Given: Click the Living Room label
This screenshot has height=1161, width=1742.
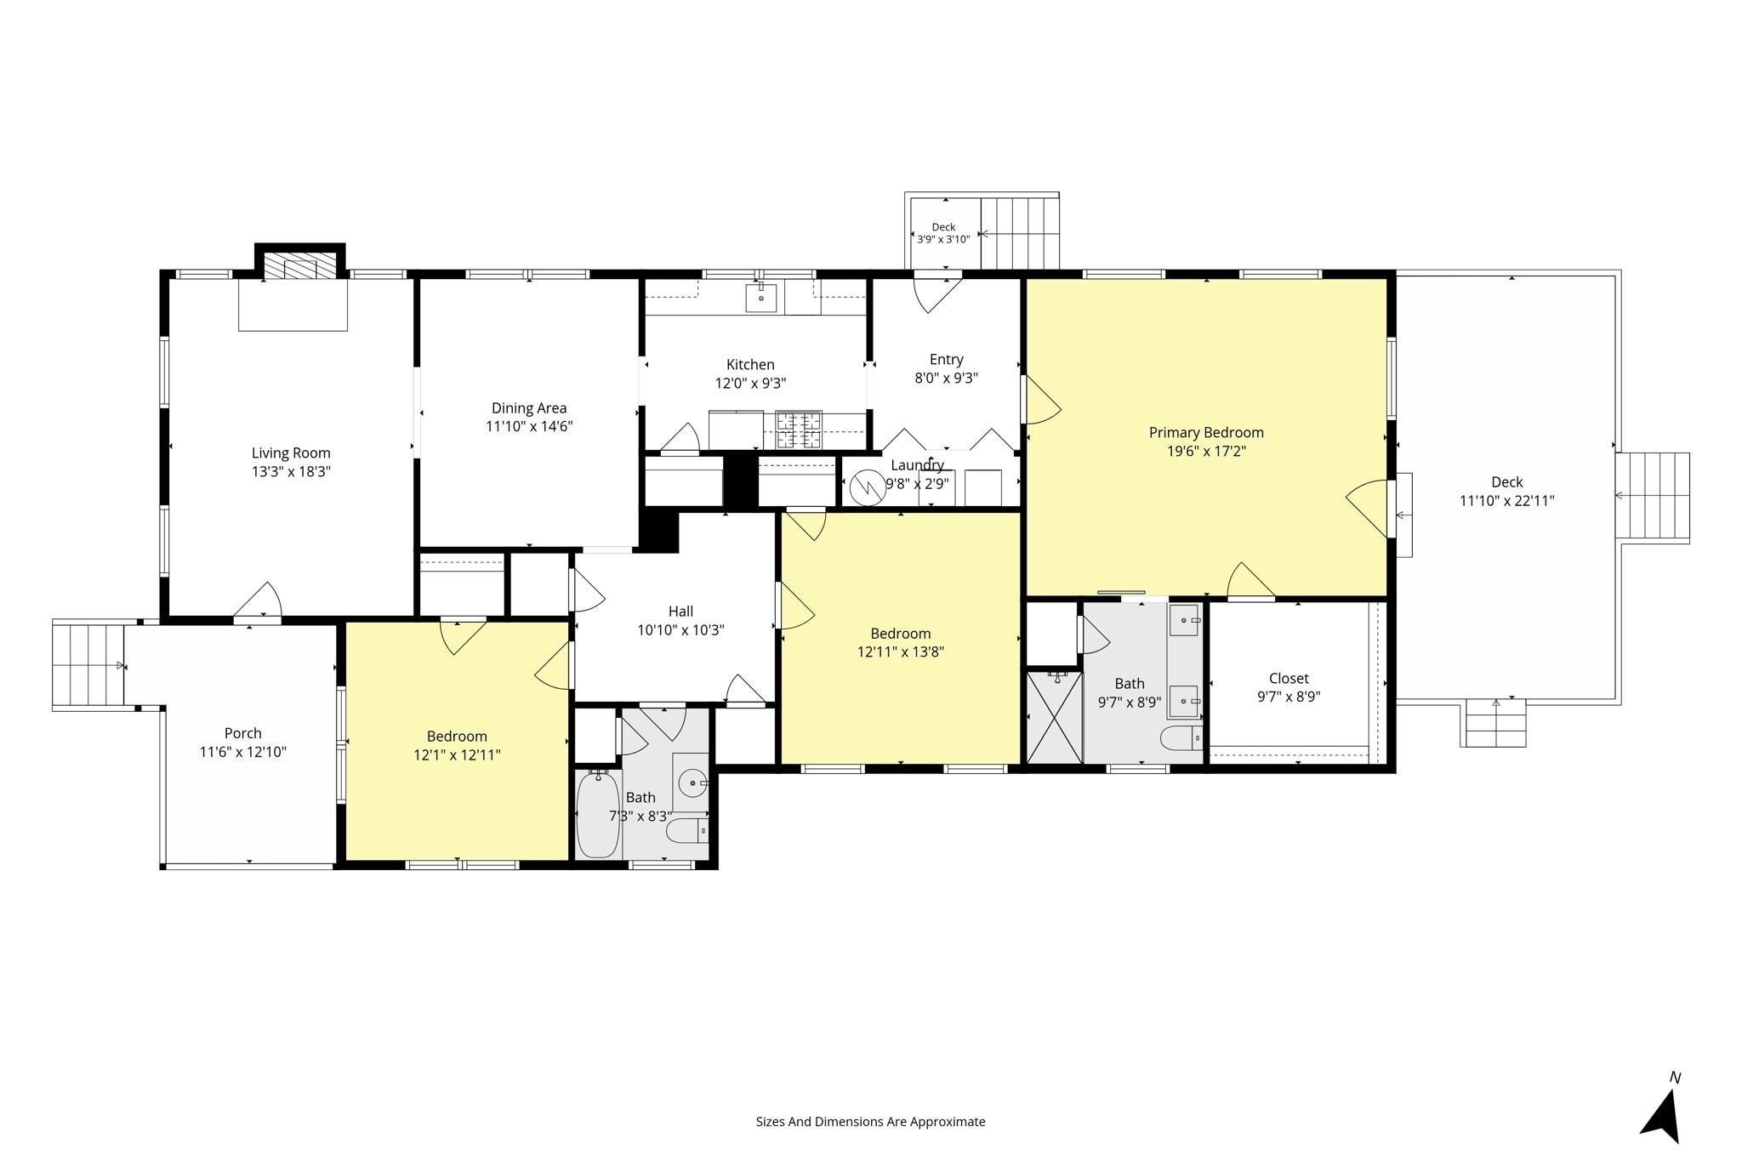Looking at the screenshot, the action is (291, 453).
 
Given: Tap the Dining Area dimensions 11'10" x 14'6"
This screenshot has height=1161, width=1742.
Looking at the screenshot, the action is (529, 427).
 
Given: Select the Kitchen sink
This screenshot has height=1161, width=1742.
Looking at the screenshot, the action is (761, 299).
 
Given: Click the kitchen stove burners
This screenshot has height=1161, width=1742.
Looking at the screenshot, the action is (799, 430).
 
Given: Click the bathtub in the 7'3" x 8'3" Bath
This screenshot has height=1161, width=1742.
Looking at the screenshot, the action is (598, 814).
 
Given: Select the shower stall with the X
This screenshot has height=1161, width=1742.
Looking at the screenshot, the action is (1055, 717).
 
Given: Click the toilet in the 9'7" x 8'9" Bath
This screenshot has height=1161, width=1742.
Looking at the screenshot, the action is (1181, 737).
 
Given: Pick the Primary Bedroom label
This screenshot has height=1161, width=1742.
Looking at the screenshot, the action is (1206, 433).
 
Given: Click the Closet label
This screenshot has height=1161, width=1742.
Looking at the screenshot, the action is (1289, 679).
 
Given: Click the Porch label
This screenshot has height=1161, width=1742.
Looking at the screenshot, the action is (243, 733).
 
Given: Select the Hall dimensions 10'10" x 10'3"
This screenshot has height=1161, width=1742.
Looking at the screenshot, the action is (680, 630).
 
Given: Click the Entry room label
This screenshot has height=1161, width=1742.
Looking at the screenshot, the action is (947, 360).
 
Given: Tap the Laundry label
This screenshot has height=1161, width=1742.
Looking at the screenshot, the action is (917, 465).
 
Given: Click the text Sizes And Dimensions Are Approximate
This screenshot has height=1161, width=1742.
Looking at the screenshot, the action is (871, 1122).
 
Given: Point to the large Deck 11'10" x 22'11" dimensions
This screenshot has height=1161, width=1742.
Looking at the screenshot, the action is (1507, 501).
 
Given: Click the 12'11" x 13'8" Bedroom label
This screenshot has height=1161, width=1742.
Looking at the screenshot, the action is (901, 634).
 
